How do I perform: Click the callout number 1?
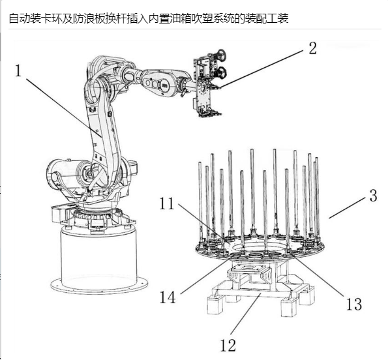18,71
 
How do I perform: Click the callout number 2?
312,48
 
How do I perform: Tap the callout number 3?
373,196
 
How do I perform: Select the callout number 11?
166,203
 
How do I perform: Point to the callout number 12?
228,345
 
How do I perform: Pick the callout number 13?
354,304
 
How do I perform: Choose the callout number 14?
168,297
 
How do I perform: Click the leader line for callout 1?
64,108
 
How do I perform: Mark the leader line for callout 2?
261,68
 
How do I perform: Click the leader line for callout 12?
246,313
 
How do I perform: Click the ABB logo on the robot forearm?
164,85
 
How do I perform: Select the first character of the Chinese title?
14,18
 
